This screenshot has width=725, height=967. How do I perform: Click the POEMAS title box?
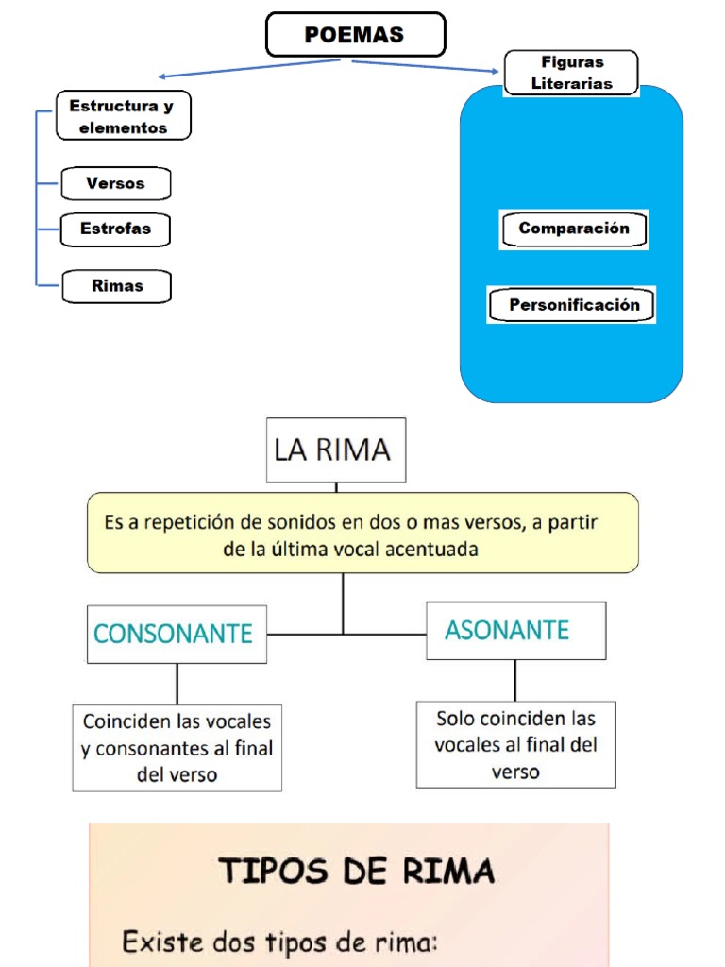click(x=355, y=35)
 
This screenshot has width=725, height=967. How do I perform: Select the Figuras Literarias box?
click(x=571, y=73)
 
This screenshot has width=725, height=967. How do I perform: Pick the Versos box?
click(x=115, y=184)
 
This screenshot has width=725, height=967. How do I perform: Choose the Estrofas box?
click(x=115, y=229)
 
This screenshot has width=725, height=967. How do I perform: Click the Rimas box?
click(x=117, y=286)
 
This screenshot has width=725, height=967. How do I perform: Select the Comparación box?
click(x=573, y=229)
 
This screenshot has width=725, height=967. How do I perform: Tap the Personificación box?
click(x=574, y=305)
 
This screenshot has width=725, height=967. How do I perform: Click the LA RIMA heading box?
click(x=335, y=450)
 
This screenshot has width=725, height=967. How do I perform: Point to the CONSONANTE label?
click(x=174, y=634)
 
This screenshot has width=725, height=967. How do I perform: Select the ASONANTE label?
click(x=508, y=630)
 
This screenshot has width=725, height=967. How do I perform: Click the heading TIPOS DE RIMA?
click(x=357, y=870)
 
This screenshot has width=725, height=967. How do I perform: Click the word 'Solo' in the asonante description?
click(x=455, y=719)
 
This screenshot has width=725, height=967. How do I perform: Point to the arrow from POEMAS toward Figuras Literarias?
click(x=425, y=65)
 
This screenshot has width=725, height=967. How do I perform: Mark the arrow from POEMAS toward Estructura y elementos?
click(x=250, y=68)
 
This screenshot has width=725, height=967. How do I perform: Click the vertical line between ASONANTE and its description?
click(x=515, y=679)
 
